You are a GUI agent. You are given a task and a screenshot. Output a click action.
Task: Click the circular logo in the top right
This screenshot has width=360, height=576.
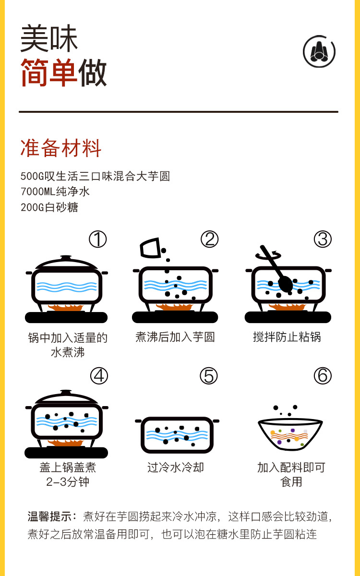coord(319,51)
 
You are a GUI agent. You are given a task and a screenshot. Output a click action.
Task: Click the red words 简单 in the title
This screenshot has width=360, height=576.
coord(48,73)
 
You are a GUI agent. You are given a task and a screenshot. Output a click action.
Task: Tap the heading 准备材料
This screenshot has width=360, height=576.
coord(61,148)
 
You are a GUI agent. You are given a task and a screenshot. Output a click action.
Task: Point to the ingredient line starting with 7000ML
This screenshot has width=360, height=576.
coord(55,192)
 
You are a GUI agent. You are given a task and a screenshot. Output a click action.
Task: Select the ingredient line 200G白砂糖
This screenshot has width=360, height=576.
coord(49,207)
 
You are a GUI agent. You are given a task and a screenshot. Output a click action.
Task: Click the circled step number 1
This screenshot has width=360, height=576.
coord(98,239)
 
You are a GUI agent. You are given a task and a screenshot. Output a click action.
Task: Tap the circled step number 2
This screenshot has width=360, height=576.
coord(209,239)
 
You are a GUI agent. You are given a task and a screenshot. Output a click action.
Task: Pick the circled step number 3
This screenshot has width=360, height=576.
coord(323,239)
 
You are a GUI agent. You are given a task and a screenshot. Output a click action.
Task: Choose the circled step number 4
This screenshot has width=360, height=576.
coord(99,376)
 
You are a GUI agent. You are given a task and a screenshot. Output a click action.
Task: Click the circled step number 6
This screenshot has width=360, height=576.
coord(323,376)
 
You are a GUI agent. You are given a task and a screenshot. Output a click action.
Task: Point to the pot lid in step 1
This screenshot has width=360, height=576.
coord(66,263)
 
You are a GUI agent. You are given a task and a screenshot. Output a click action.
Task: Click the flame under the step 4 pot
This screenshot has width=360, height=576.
coord(66,442)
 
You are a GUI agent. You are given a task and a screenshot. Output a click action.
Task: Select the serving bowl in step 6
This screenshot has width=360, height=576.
coord(290,434)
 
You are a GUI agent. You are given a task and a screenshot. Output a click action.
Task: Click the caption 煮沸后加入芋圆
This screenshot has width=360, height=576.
coord(175,337)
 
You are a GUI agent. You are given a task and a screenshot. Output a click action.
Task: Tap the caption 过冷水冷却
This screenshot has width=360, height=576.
coord(176,467)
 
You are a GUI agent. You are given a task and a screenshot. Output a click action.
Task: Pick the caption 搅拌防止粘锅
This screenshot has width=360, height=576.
coord(287,337)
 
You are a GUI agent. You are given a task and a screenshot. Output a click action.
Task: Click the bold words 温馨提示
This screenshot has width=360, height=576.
coord(51,516)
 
